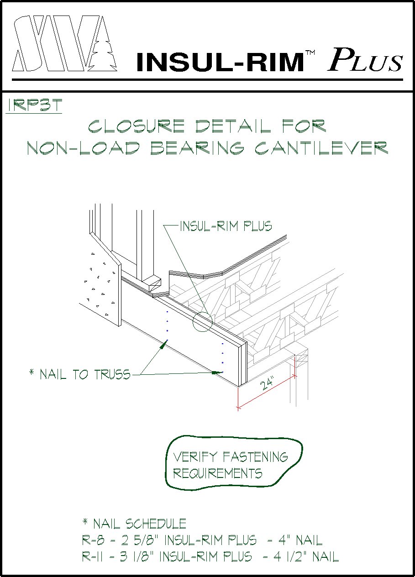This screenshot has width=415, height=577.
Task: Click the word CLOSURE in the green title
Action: pyautogui.click(x=136, y=126)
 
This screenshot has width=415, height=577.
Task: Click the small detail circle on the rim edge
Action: pyautogui.click(x=202, y=321)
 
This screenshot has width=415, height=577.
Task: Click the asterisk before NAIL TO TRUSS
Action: pyautogui.click(x=32, y=373)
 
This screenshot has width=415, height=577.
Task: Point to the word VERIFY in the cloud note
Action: pyautogui.click(x=195, y=456)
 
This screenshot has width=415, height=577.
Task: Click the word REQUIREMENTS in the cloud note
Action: pyautogui.click(x=218, y=473)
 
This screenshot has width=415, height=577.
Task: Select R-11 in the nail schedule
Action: pyautogui.click(x=93, y=557)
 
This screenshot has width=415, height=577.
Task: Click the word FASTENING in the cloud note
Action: pyautogui.click(x=256, y=456)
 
